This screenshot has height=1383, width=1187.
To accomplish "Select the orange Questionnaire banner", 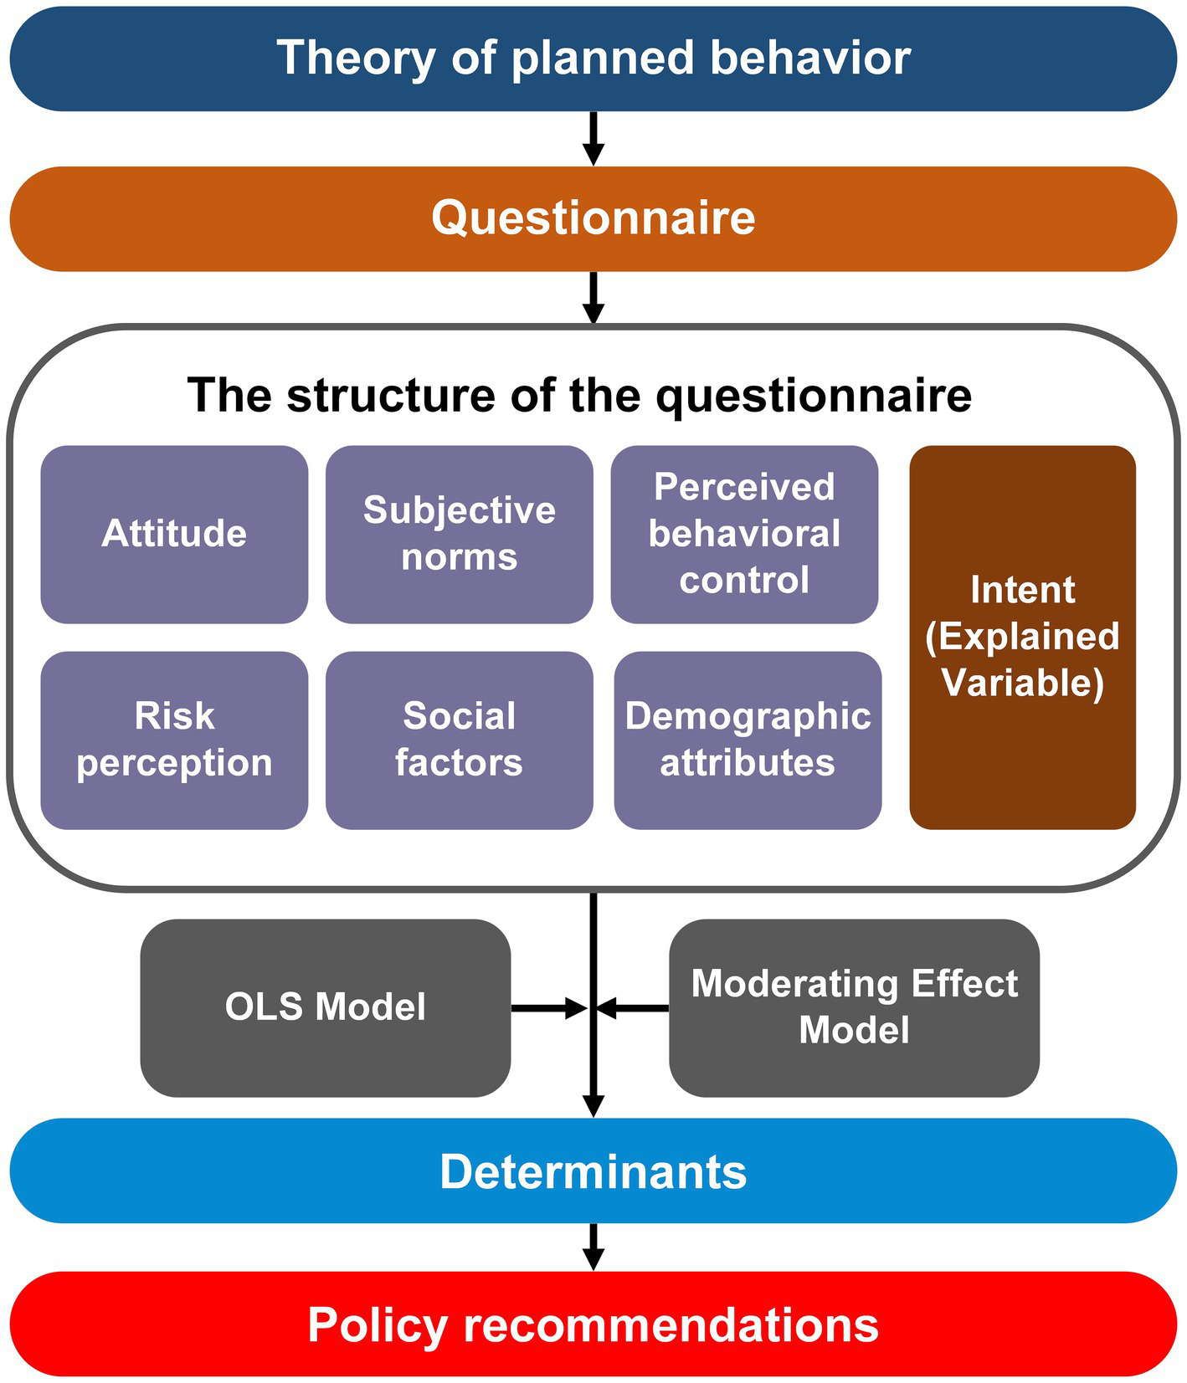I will click(x=593, y=218).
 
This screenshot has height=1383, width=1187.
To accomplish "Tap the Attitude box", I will click(x=174, y=534).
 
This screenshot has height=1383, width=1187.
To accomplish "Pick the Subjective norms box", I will click(x=459, y=534).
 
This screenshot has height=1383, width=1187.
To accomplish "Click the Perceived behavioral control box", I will click(x=744, y=534).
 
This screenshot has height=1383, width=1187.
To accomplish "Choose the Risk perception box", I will click(x=174, y=740).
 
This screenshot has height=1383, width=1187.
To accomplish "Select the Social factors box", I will click(x=459, y=740).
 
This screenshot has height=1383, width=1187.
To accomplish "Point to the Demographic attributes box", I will click(x=748, y=740).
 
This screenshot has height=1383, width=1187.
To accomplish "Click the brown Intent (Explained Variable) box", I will click(x=1022, y=637).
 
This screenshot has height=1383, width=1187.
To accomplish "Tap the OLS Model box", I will click(x=325, y=1007).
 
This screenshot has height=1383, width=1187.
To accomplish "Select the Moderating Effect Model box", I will click(x=854, y=1007).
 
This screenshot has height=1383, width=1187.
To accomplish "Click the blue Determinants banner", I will click(x=593, y=1170).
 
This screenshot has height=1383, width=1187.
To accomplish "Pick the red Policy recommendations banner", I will click(x=593, y=1324).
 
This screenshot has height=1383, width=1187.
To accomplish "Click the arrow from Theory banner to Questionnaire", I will click(x=593, y=138).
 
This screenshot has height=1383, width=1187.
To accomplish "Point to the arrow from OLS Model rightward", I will click(x=548, y=1008).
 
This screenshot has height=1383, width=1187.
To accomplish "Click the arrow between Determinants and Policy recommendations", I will click(x=593, y=1247).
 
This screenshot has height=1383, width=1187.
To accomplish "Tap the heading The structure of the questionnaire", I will click(x=579, y=395).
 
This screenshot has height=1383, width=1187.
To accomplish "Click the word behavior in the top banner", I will click(x=810, y=59).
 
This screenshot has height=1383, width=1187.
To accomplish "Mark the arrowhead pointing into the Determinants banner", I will click(x=593, y=1105).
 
